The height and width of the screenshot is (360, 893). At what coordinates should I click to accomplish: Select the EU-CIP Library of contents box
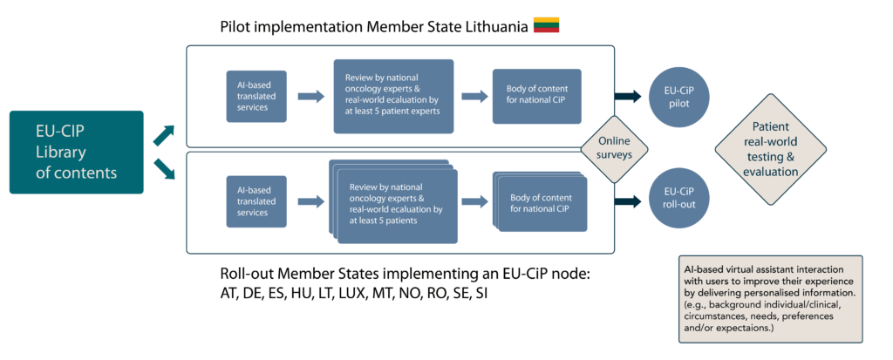pyautogui.click(x=76, y=152)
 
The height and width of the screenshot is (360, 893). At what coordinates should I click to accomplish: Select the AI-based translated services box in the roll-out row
pyautogui.click(x=254, y=200)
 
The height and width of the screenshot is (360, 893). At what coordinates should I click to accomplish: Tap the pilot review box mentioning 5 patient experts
pyautogui.click(x=392, y=96)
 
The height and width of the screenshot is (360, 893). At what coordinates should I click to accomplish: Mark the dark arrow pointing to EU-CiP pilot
pyautogui.click(x=628, y=97)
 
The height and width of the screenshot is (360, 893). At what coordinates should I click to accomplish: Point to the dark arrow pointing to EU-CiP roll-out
pyautogui.click(x=628, y=201)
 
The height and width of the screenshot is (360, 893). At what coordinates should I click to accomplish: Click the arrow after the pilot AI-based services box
pyautogui.click(x=310, y=96)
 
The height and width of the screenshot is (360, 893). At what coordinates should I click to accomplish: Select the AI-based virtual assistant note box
pyautogui.click(x=770, y=298)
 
